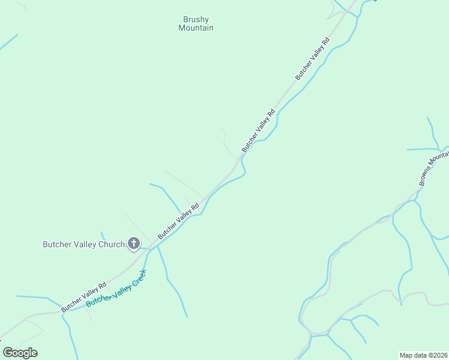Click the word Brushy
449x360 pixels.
[x=196, y=19]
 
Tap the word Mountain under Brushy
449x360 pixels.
[x=196, y=28]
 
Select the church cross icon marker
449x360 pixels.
[x=133, y=244]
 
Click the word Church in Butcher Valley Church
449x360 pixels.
[x=112, y=244]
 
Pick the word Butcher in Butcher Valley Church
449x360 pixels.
[x=57, y=244]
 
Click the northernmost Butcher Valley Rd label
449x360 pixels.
[x=313, y=59]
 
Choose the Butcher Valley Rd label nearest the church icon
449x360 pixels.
[x=178, y=221]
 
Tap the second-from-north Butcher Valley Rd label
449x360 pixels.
[x=259, y=130]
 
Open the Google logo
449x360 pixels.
[x=20, y=353]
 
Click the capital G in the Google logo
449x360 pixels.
[x=8, y=352]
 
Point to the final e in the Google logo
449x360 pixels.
[x=34, y=353]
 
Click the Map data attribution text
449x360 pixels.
[x=414, y=355]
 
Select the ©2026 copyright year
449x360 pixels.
[x=436, y=355]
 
